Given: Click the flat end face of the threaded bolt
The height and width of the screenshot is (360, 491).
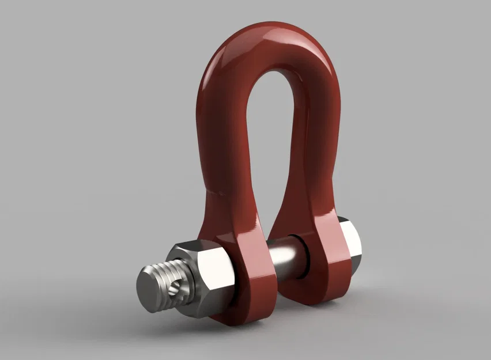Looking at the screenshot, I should [x=151, y=291].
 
